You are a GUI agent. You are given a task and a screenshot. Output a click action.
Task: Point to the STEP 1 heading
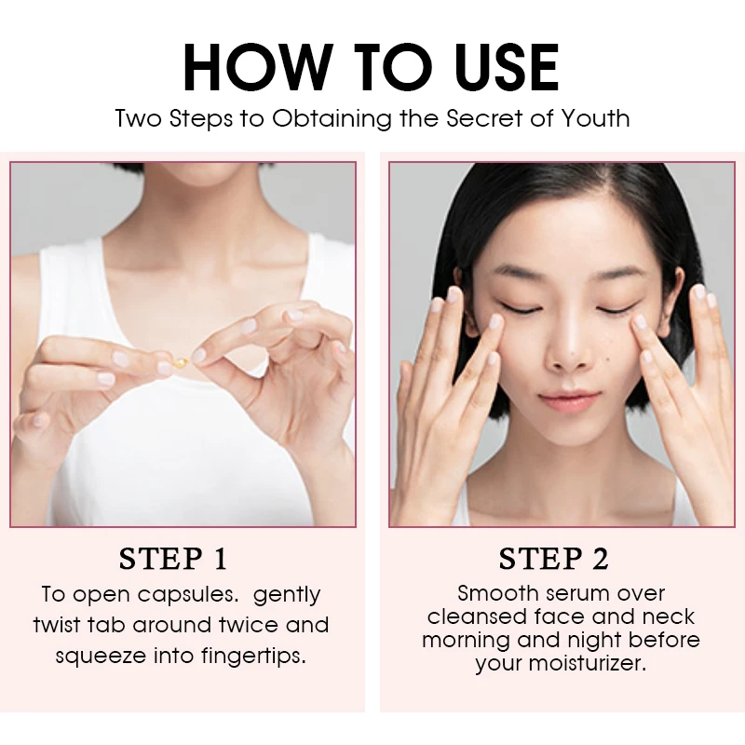tap(173, 559)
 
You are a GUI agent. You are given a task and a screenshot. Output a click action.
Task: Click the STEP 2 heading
tap(553, 559)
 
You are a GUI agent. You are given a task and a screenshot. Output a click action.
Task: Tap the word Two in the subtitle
tap(135, 119)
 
